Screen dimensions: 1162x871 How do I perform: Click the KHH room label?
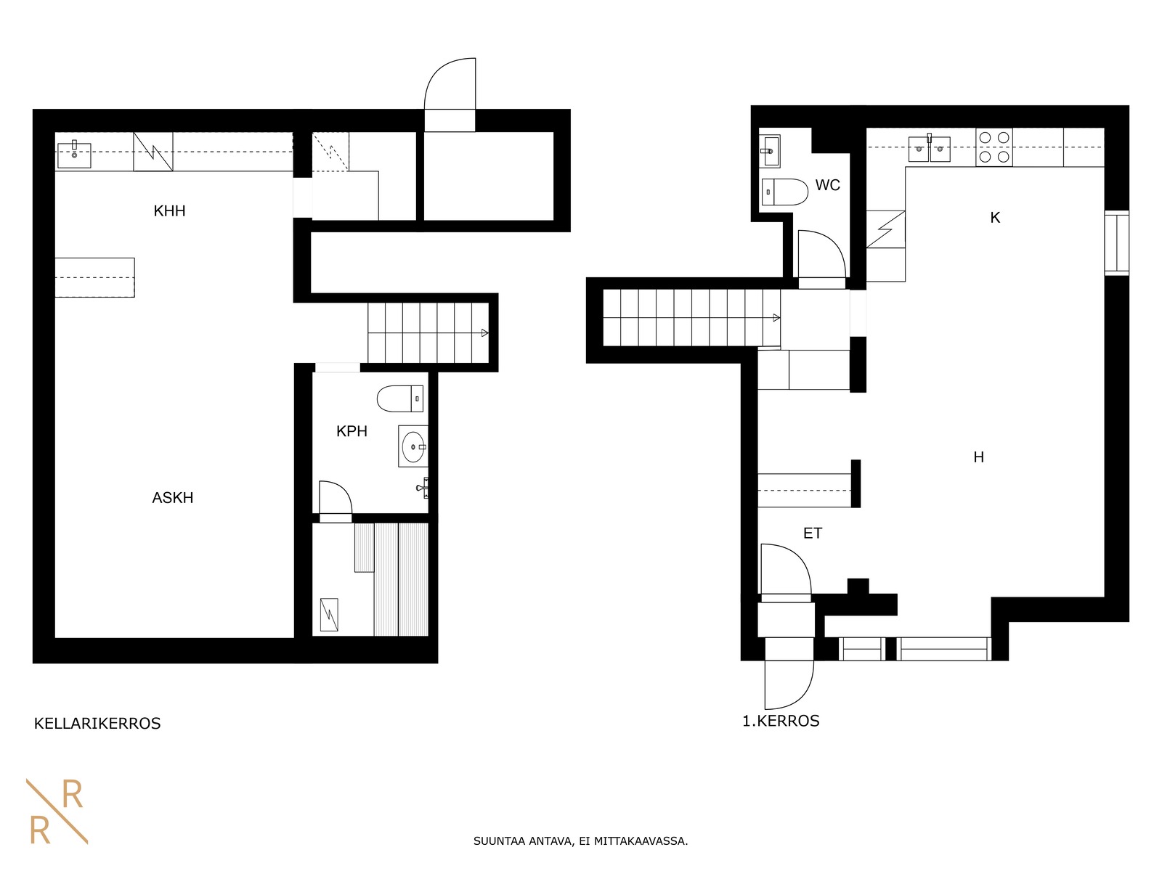(x=169, y=211)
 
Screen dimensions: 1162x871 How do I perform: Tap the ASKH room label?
(x=173, y=498)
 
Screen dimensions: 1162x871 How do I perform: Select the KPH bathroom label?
(x=352, y=431)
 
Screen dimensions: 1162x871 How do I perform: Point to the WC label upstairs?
(x=827, y=185)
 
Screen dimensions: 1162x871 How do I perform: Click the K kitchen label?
(x=995, y=217)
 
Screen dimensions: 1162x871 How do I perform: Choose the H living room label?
(x=979, y=457)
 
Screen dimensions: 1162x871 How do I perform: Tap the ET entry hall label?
(x=813, y=533)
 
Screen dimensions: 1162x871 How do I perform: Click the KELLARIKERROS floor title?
(x=97, y=724)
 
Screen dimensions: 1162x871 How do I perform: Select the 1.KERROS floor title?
(x=781, y=721)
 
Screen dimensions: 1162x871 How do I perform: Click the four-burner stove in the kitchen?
(x=994, y=147)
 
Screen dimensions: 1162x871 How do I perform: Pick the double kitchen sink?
(x=929, y=149)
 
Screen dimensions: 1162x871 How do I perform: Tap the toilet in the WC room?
(x=784, y=192)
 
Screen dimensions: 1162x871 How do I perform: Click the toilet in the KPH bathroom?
(x=400, y=398)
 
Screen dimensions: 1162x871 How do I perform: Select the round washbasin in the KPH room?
(x=413, y=446)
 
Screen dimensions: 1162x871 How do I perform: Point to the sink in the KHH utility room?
(x=74, y=155)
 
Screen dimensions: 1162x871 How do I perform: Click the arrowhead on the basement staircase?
(x=484, y=333)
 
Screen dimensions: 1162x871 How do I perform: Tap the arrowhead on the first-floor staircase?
(x=776, y=318)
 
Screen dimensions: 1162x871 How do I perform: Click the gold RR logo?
(x=57, y=811)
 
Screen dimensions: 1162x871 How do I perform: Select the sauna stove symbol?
(x=329, y=615)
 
